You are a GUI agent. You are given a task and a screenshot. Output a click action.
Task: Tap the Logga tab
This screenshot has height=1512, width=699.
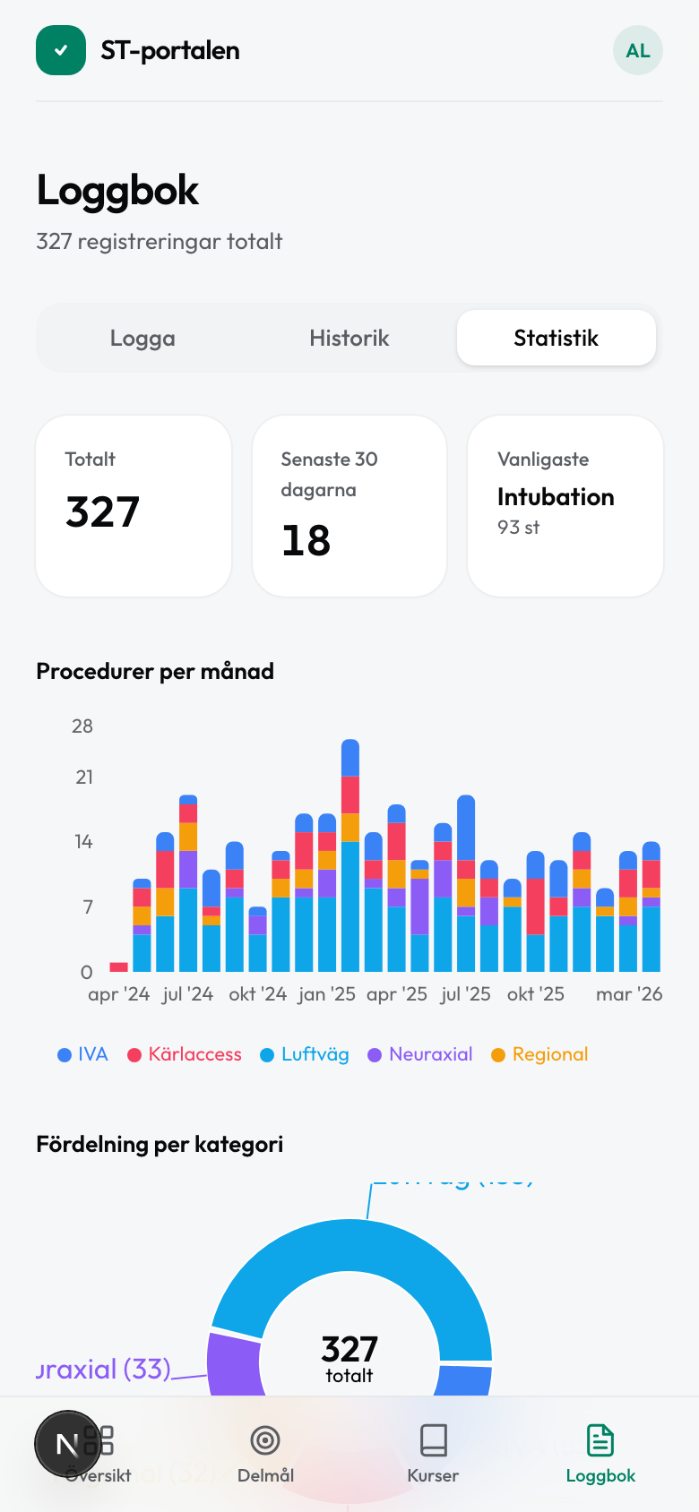[x=142, y=339]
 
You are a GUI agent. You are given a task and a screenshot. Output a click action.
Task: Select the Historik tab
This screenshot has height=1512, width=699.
[x=349, y=339]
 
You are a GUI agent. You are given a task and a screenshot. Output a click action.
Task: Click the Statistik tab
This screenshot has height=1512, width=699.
[x=556, y=339]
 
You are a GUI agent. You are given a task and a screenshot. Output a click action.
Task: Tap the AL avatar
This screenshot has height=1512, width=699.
[x=637, y=51]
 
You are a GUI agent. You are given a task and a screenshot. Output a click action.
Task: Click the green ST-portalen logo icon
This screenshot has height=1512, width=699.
[x=61, y=50]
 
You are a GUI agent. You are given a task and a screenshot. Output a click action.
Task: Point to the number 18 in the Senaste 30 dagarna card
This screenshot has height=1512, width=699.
[x=306, y=541]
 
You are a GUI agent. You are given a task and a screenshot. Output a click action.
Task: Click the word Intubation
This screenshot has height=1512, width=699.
[x=556, y=497]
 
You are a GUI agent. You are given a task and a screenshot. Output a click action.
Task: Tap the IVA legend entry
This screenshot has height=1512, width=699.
[x=83, y=1054]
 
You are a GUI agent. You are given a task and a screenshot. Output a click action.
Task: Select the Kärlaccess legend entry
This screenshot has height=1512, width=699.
[x=186, y=1054]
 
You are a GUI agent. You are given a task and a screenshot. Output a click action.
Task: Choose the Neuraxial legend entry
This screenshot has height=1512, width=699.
[x=421, y=1054]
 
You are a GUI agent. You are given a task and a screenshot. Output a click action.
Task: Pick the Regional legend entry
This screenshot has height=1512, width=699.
[x=540, y=1054]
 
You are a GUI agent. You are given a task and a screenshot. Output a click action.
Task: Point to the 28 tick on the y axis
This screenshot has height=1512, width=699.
[x=82, y=726]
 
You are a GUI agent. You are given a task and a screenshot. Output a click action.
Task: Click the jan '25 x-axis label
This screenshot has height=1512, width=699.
[x=327, y=994]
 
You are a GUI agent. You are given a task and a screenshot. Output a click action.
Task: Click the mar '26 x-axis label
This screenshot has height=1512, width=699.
[x=629, y=994]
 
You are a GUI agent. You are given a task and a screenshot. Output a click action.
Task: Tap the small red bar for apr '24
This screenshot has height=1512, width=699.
[x=118, y=966]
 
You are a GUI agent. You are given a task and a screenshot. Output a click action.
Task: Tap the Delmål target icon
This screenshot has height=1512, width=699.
[x=265, y=1440]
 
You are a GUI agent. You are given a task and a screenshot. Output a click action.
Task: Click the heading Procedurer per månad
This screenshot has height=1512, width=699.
[x=155, y=671]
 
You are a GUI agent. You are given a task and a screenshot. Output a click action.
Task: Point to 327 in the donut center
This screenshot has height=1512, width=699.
[x=349, y=1349]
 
